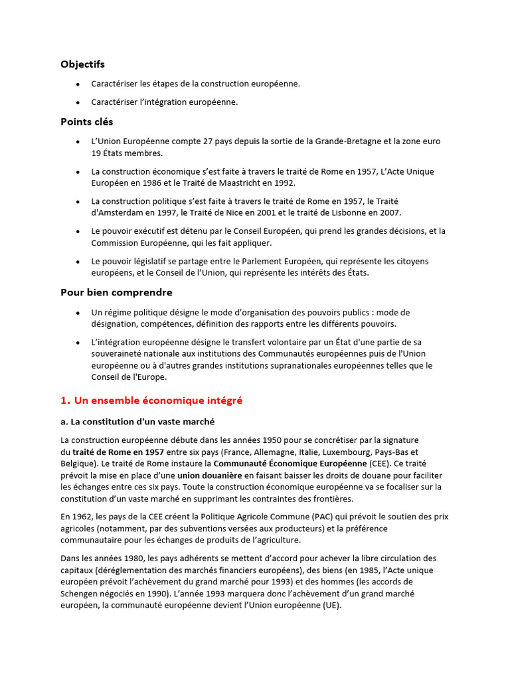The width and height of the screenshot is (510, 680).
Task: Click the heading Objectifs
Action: tap(82, 64)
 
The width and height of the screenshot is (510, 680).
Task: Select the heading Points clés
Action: tap(86, 122)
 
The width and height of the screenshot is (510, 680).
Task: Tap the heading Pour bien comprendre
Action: tap(116, 292)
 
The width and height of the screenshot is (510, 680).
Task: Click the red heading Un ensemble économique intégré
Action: tap(151, 400)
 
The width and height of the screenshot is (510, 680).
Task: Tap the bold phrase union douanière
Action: tap(210, 475)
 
